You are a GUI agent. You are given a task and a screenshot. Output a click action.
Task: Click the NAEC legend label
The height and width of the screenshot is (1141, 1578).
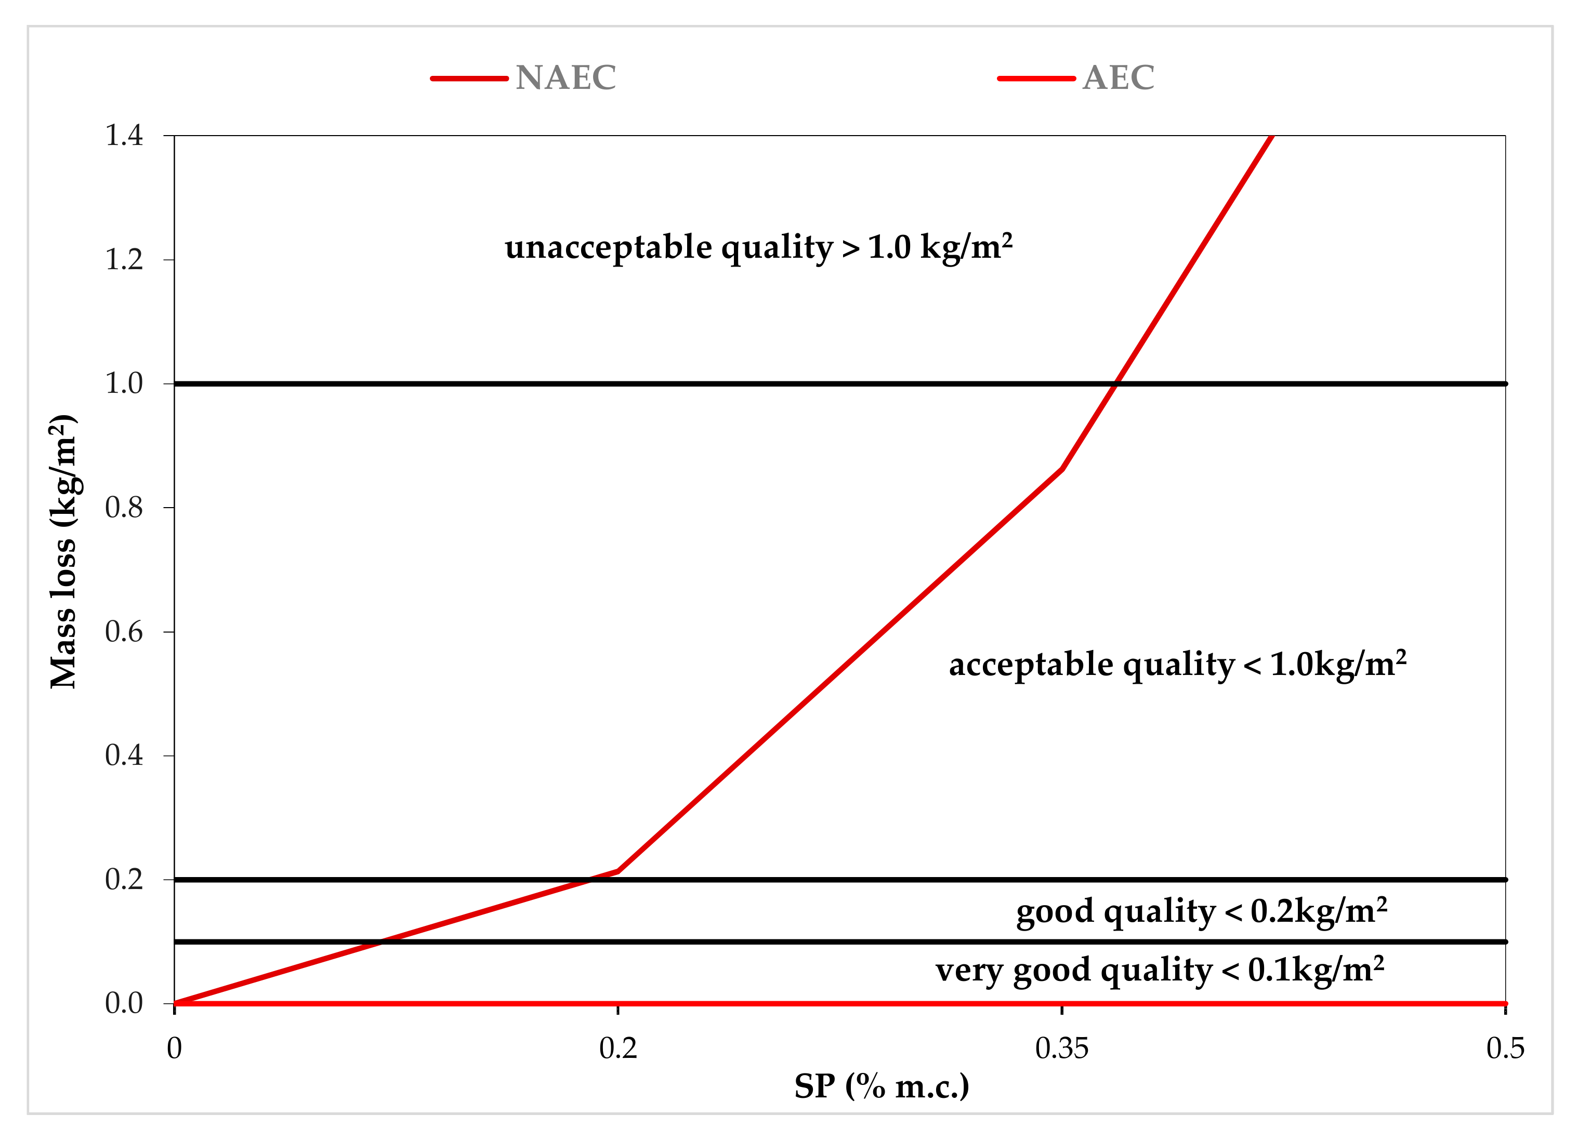point(565,77)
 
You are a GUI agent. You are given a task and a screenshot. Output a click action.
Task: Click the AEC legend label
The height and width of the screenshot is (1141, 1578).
point(1118,77)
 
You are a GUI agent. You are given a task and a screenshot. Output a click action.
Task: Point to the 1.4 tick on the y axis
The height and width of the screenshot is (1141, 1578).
point(124,136)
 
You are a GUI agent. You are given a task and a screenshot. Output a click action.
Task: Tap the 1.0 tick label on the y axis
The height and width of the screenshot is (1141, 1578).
point(124,383)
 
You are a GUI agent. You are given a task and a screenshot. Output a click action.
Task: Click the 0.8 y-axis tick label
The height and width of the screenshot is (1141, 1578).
point(124,508)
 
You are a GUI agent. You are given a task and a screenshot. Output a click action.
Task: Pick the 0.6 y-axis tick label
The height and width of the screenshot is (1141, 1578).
point(124,632)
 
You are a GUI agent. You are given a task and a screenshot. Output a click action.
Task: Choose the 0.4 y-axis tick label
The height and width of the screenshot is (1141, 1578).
point(124,755)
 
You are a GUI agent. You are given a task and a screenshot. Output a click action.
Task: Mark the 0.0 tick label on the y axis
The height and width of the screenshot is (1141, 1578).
point(124,1003)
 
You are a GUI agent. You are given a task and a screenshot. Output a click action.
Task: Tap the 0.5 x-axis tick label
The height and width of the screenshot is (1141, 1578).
point(1505,1049)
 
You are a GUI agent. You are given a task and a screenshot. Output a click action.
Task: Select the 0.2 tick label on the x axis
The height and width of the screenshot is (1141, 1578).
point(618,1049)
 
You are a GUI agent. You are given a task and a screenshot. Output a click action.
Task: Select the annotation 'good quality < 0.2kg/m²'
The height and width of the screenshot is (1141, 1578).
point(1202,911)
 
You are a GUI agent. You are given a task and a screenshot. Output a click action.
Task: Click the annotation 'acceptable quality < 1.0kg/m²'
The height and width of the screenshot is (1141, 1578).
point(1177,665)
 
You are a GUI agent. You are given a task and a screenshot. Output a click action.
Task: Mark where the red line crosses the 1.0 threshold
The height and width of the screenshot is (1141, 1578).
point(1116,383)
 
